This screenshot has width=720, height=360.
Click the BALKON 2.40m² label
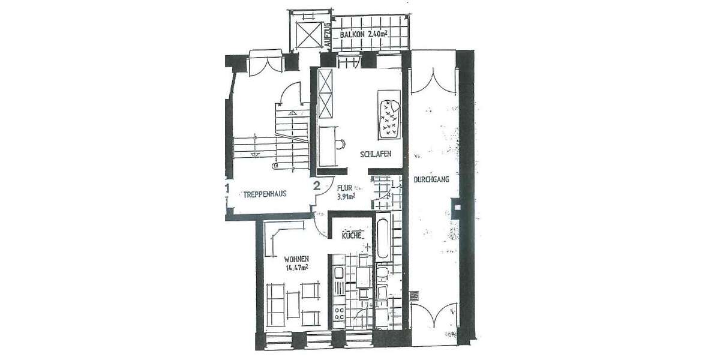[364, 35]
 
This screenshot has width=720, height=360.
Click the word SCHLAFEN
[376, 154]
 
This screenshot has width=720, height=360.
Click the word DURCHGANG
[432, 180]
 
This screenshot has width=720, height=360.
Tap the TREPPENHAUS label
[264, 194]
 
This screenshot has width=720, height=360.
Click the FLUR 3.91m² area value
[346, 196]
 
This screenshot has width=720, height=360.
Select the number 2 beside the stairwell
[316, 186]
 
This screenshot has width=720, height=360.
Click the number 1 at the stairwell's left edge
[227, 188]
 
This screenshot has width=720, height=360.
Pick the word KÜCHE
[352, 235]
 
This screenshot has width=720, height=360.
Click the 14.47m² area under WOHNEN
[298, 268]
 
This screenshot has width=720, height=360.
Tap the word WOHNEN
[296, 259]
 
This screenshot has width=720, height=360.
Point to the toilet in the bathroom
[382, 275]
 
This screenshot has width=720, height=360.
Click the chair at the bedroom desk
[340, 145]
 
